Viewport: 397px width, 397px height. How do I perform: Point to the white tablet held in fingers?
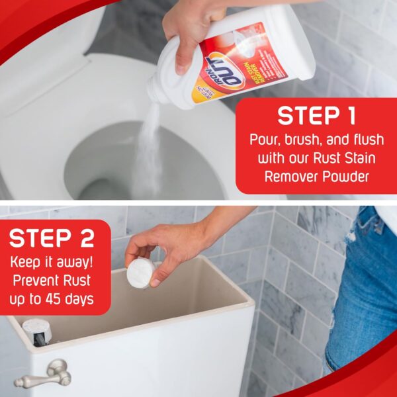(140, 272)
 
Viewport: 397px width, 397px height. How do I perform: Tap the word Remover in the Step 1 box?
(293, 177)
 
